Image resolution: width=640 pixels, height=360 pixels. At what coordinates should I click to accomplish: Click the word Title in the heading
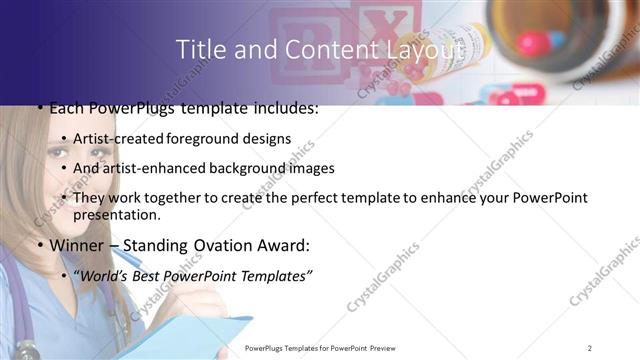pyautogui.click(x=197, y=49)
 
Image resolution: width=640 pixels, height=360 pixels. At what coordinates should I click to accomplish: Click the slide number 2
pyautogui.click(x=590, y=347)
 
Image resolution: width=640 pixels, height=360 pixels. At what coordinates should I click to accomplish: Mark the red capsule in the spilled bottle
pyautogui.click(x=530, y=42)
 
